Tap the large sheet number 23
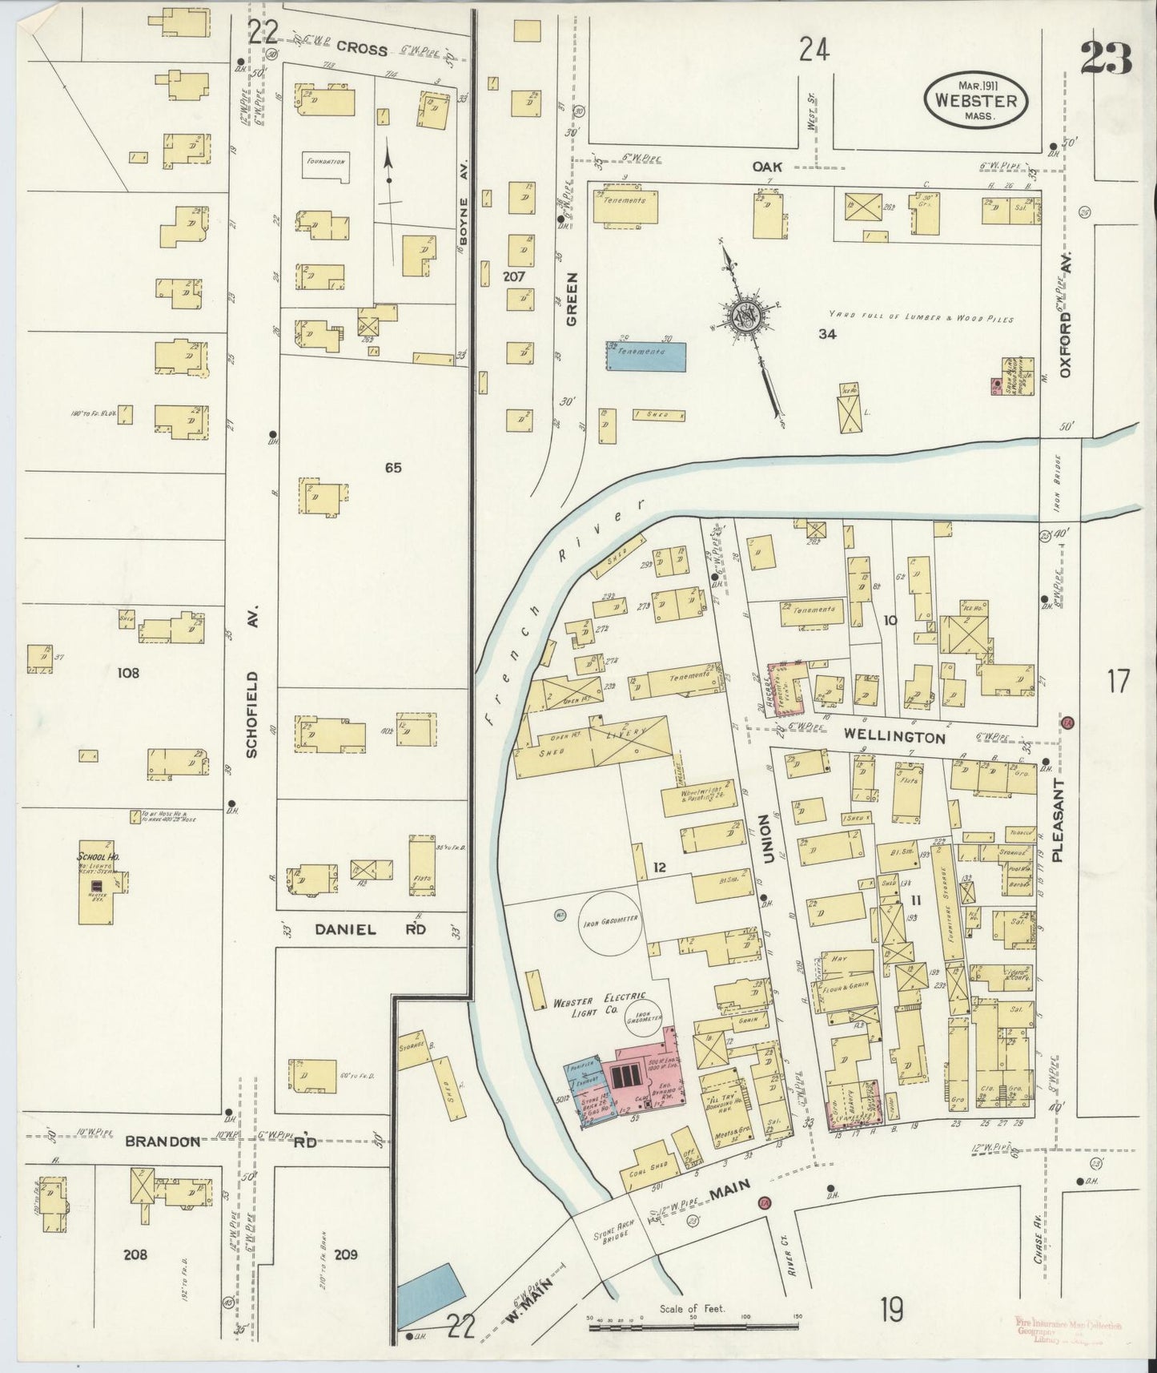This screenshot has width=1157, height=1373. tap(1105, 58)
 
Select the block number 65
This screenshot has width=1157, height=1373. tap(392, 467)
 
